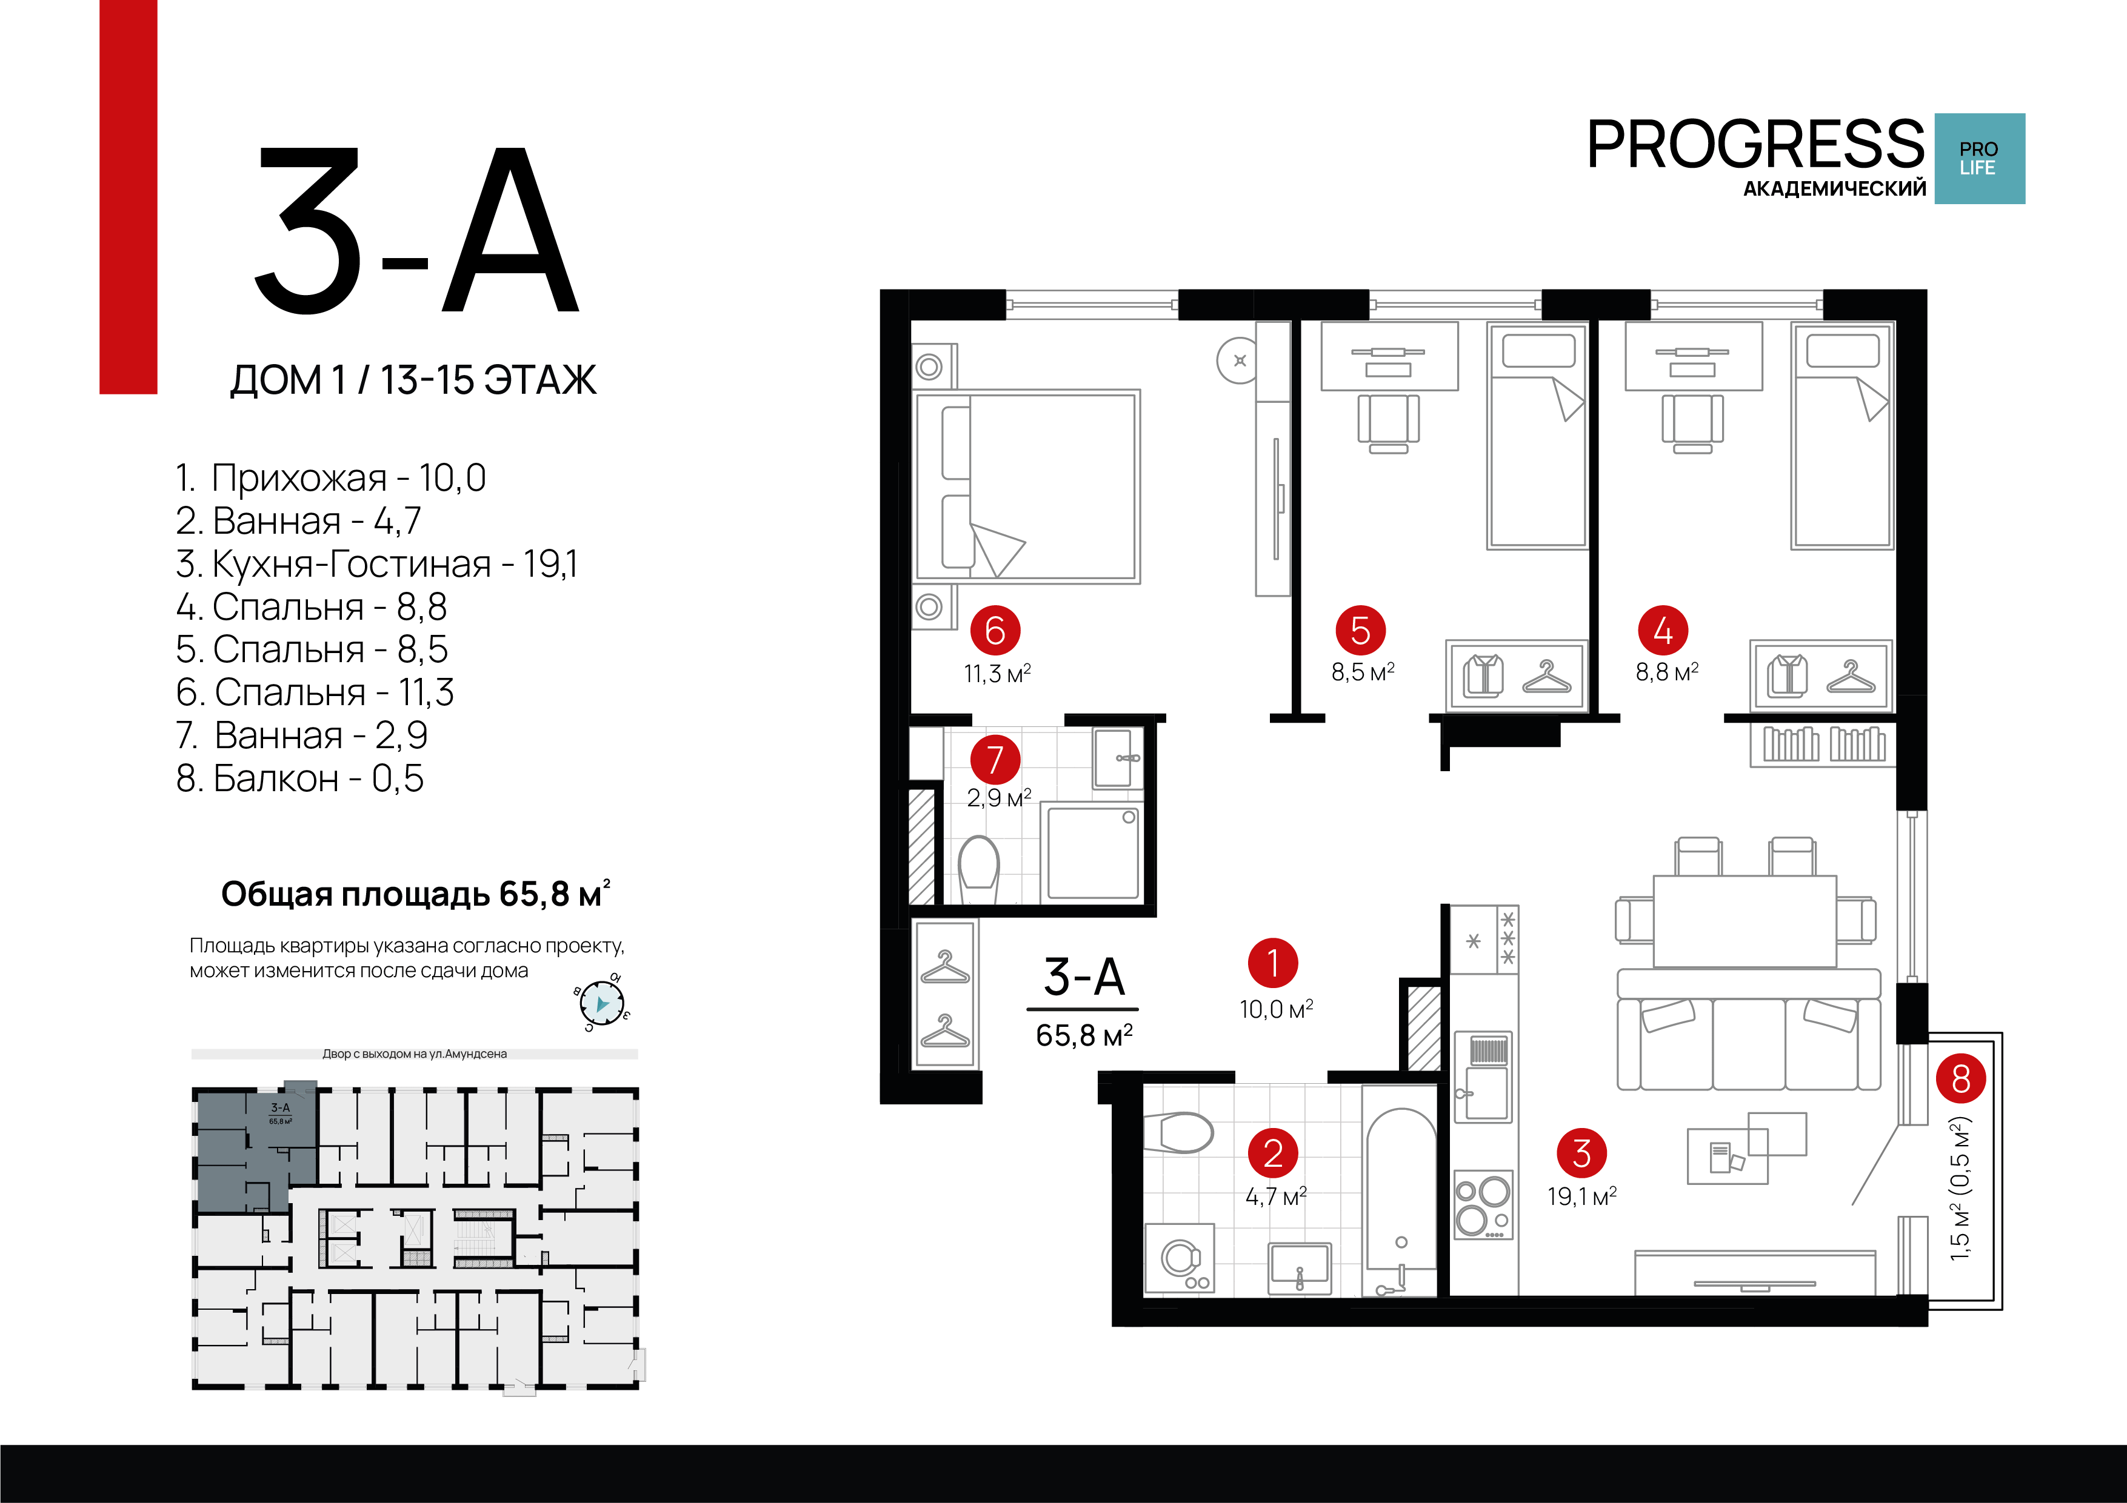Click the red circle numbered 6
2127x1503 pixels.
pos(995,631)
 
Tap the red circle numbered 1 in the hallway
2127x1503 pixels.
pos(1273,963)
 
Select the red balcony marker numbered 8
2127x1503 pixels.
pos(1960,1079)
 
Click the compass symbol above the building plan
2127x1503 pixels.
pos(602,1004)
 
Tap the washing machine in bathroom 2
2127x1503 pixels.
pos(1180,1258)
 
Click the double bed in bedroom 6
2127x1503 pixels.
pos(1026,486)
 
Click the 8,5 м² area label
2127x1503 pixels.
pos(1363,672)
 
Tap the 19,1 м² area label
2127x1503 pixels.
pos(1582,1196)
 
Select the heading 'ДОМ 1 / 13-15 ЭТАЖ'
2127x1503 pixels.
pos(413,380)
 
